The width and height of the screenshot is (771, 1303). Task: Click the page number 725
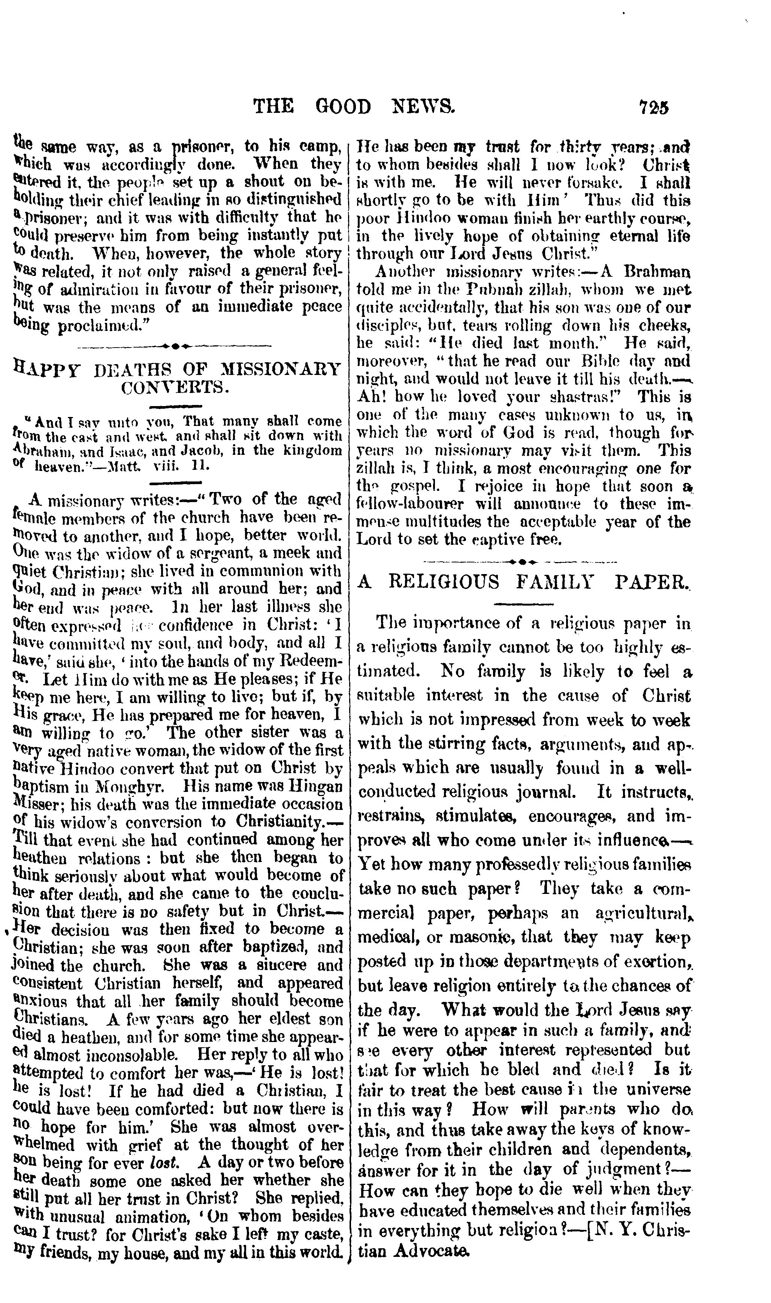click(x=654, y=107)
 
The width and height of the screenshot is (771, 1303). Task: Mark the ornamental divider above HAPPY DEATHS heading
click(x=174, y=345)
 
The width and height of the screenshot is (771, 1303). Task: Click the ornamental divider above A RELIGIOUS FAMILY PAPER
click(x=521, y=562)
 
